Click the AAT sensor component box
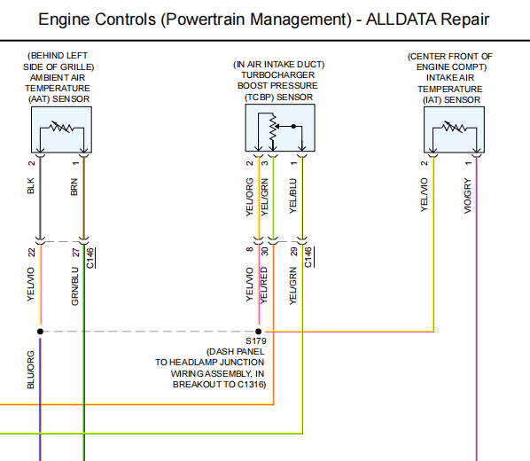pyautogui.click(x=61, y=130)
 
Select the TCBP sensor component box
pyautogui.click(x=280, y=128)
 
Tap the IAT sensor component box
pyautogui.click(x=454, y=130)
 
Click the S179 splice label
pyautogui.click(x=256, y=341)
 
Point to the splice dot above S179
pyautogui.click(x=259, y=332)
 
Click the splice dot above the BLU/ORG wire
pyautogui.click(x=40, y=332)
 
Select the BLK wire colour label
pyautogui.click(x=31, y=185)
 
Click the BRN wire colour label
pyautogui.click(x=74, y=187)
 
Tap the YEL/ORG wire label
pyautogui.click(x=249, y=197)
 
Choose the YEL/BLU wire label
pyautogui.click(x=293, y=196)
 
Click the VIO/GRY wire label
pyautogui.click(x=467, y=196)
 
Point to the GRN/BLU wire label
pyautogui.click(x=74, y=286)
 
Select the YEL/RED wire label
pyautogui.click(x=264, y=285)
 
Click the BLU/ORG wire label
pyautogui.click(x=31, y=370)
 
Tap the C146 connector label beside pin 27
pyautogui.click(x=90, y=258)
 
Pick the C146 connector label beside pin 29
pyautogui.click(x=308, y=257)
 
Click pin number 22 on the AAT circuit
pyautogui.click(x=31, y=253)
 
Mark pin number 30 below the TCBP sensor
pyautogui.click(x=264, y=251)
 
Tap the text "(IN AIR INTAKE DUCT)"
pyautogui.click(x=279, y=65)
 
